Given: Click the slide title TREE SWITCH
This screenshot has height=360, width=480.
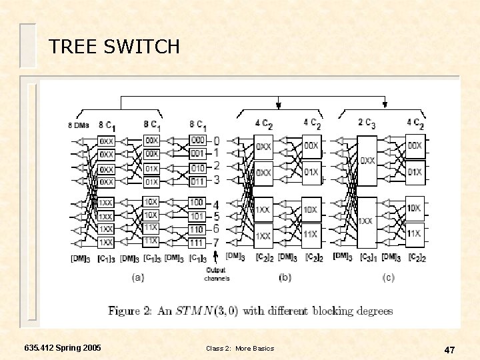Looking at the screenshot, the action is (114, 47).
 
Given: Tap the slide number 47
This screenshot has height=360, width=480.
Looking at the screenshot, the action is (450, 349).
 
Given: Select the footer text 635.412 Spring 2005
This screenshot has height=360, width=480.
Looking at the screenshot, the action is (63, 349).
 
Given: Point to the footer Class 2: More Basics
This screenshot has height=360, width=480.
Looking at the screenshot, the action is (240, 349).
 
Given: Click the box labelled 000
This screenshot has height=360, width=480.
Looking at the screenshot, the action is (197, 141).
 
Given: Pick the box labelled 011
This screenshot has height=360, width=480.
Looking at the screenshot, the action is (197, 181).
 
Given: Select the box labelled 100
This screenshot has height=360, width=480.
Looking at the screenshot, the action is (197, 202).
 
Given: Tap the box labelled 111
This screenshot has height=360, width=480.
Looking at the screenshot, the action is (197, 243).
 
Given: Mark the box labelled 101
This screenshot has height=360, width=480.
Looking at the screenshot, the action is (197, 216).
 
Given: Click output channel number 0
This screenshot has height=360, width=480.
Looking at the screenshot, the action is (215, 141).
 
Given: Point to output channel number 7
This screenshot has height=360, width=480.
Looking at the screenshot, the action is (215, 242).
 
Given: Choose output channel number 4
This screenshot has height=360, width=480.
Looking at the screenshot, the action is (215, 203).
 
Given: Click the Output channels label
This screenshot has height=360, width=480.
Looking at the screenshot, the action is (216, 274).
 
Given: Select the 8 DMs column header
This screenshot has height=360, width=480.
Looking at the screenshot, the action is (79, 125).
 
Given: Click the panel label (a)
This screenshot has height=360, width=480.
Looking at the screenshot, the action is (138, 277).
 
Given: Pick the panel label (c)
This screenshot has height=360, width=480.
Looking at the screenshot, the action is (388, 277).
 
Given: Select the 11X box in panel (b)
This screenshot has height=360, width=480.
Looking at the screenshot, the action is (311, 235).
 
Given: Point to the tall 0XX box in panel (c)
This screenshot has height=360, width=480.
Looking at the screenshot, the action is (367, 161).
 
